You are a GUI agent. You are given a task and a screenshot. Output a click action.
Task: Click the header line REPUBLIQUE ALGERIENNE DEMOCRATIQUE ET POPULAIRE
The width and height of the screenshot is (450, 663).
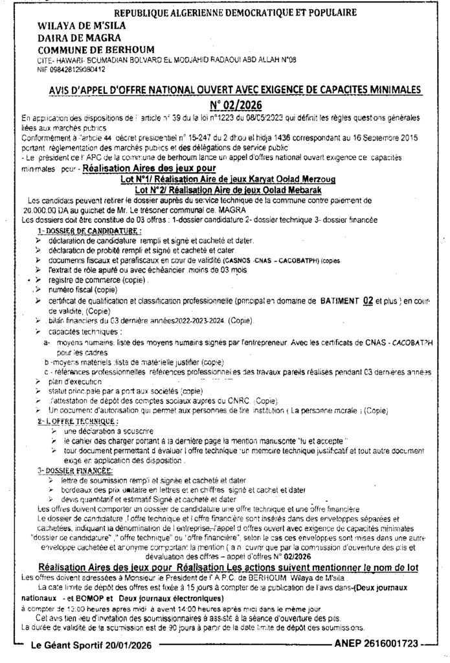pos(234,13)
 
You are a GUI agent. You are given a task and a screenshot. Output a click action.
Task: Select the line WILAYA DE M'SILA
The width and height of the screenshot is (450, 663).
pos(81,27)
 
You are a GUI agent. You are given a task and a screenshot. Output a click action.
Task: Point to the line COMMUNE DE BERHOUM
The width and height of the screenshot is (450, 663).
pos(88,51)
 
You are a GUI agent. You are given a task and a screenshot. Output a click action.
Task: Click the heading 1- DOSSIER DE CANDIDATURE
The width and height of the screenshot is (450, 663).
pos(87,230)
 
